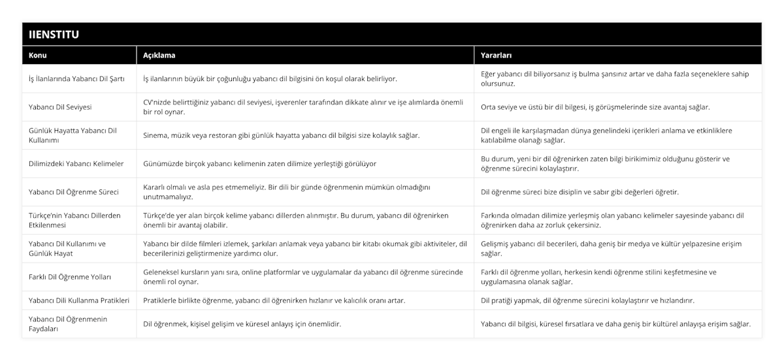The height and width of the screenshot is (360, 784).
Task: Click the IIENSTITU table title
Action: coord(51,34)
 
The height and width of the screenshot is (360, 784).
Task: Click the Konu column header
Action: coord(38,56)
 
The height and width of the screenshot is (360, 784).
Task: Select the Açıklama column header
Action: coord(159,56)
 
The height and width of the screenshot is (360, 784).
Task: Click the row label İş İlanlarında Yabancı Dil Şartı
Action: coord(77,78)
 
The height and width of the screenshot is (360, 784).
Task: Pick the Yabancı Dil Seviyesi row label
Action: coord(60,106)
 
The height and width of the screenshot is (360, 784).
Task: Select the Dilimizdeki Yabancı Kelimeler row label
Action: coord(76,163)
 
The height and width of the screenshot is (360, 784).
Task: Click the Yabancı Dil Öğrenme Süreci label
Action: coord(74,192)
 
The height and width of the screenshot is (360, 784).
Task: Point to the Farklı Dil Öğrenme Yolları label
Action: coord(70,277)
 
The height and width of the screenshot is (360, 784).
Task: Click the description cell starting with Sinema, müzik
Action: coord(282,135)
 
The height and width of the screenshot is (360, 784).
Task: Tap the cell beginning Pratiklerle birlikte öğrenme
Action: coord(274,301)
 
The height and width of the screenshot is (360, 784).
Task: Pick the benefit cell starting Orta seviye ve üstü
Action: coord(595,106)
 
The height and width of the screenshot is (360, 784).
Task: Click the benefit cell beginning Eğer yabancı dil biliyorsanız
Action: coord(614,78)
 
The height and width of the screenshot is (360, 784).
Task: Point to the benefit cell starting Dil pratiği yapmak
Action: coord(587,301)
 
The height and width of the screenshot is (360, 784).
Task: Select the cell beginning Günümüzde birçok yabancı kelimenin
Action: coord(259,163)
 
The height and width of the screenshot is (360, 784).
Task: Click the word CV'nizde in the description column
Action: coord(157,102)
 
